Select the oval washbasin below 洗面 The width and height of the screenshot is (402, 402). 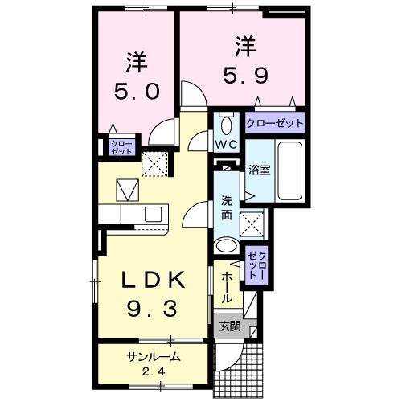227,247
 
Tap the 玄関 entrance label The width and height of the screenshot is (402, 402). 229,326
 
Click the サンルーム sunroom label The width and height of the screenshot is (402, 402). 152,357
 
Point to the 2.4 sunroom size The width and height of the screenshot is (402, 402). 152,371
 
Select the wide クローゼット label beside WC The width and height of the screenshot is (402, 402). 275,124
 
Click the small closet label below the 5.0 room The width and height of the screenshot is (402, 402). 118,147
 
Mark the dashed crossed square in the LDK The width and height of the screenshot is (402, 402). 154,164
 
